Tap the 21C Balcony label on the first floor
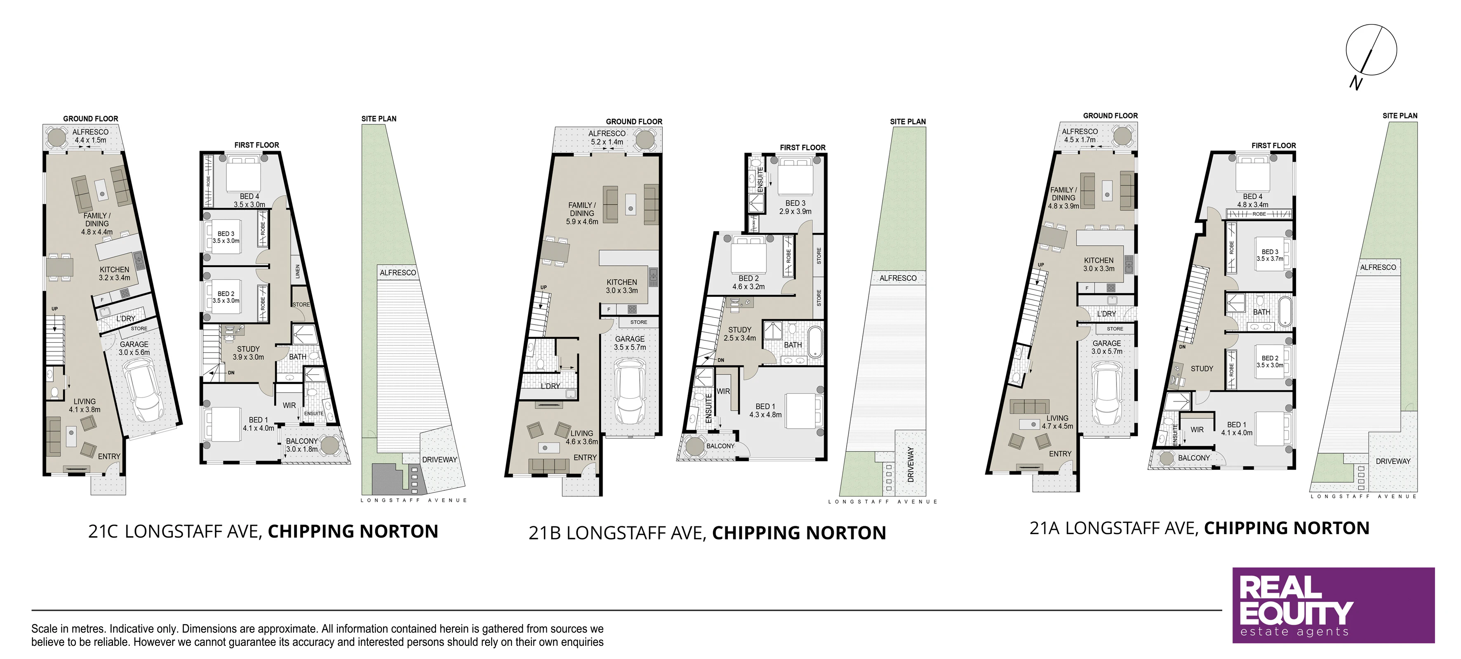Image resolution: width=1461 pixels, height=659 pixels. pos(302,441)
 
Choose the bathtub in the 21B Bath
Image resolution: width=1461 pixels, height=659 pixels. pos(814,341)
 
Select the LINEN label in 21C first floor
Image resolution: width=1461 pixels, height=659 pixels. pos(298,271)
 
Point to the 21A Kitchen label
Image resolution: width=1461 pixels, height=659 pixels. pos(1099,260)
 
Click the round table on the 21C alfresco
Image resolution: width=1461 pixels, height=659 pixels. pos(57,137)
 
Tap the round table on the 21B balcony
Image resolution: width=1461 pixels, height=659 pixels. pos(695,446)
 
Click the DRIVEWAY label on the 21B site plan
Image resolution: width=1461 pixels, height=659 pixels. pos(910,464)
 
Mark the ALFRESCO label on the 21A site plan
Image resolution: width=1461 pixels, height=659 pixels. pos(1378,267)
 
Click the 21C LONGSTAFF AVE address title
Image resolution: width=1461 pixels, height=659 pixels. pos(175,532)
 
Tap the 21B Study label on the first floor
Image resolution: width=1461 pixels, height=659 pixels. pos(740,329)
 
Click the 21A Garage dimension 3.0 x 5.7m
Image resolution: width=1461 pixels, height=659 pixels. pos(1106,351)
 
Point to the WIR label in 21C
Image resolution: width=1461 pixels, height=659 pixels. pos(289,405)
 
